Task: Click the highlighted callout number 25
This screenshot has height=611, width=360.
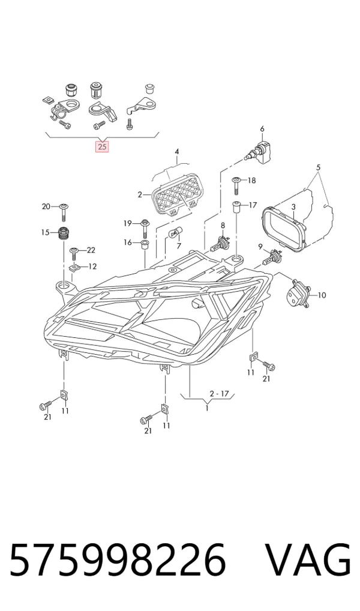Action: click(x=102, y=147)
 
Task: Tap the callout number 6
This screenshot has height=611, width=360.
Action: click(x=262, y=128)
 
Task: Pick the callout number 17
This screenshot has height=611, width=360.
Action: click(x=253, y=205)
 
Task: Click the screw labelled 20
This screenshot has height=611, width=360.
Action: click(x=63, y=211)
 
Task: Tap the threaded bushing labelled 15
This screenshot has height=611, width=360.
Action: click(x=63, y=233)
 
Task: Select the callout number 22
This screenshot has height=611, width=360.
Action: click(x=91, y=250)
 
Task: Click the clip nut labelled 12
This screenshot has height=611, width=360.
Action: click(x=74, y=268)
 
